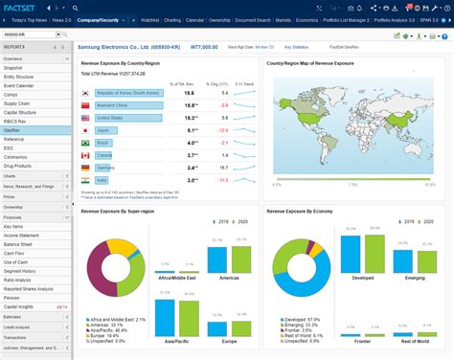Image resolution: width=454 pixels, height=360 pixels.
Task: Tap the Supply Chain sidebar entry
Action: [x=18, y=103]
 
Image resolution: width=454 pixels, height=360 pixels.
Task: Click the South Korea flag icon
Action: [x=86, y=92]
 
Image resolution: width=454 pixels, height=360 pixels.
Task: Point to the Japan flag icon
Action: [x=86, y=129]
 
